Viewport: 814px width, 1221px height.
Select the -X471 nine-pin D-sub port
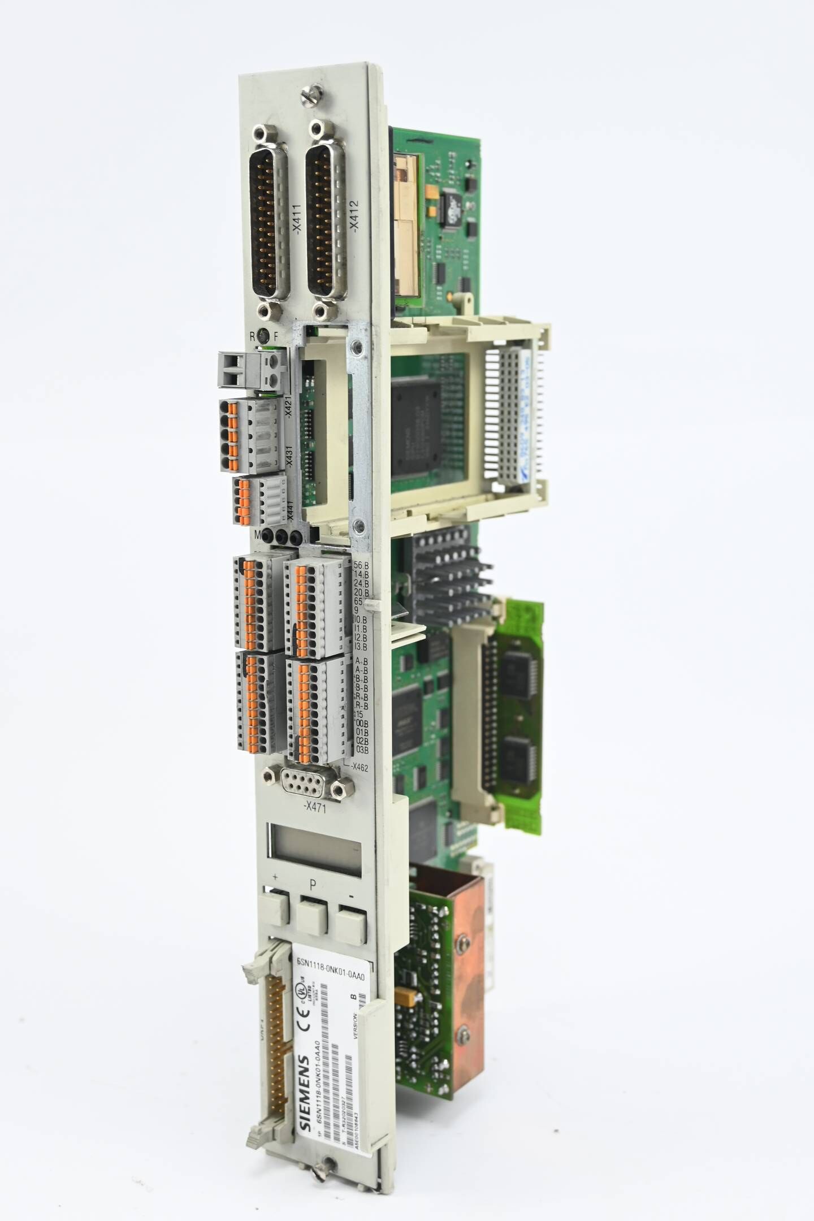pos(311,782)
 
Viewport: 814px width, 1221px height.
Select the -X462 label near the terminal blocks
pos(359,767)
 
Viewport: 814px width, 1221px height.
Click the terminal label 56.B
pos(361,565)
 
